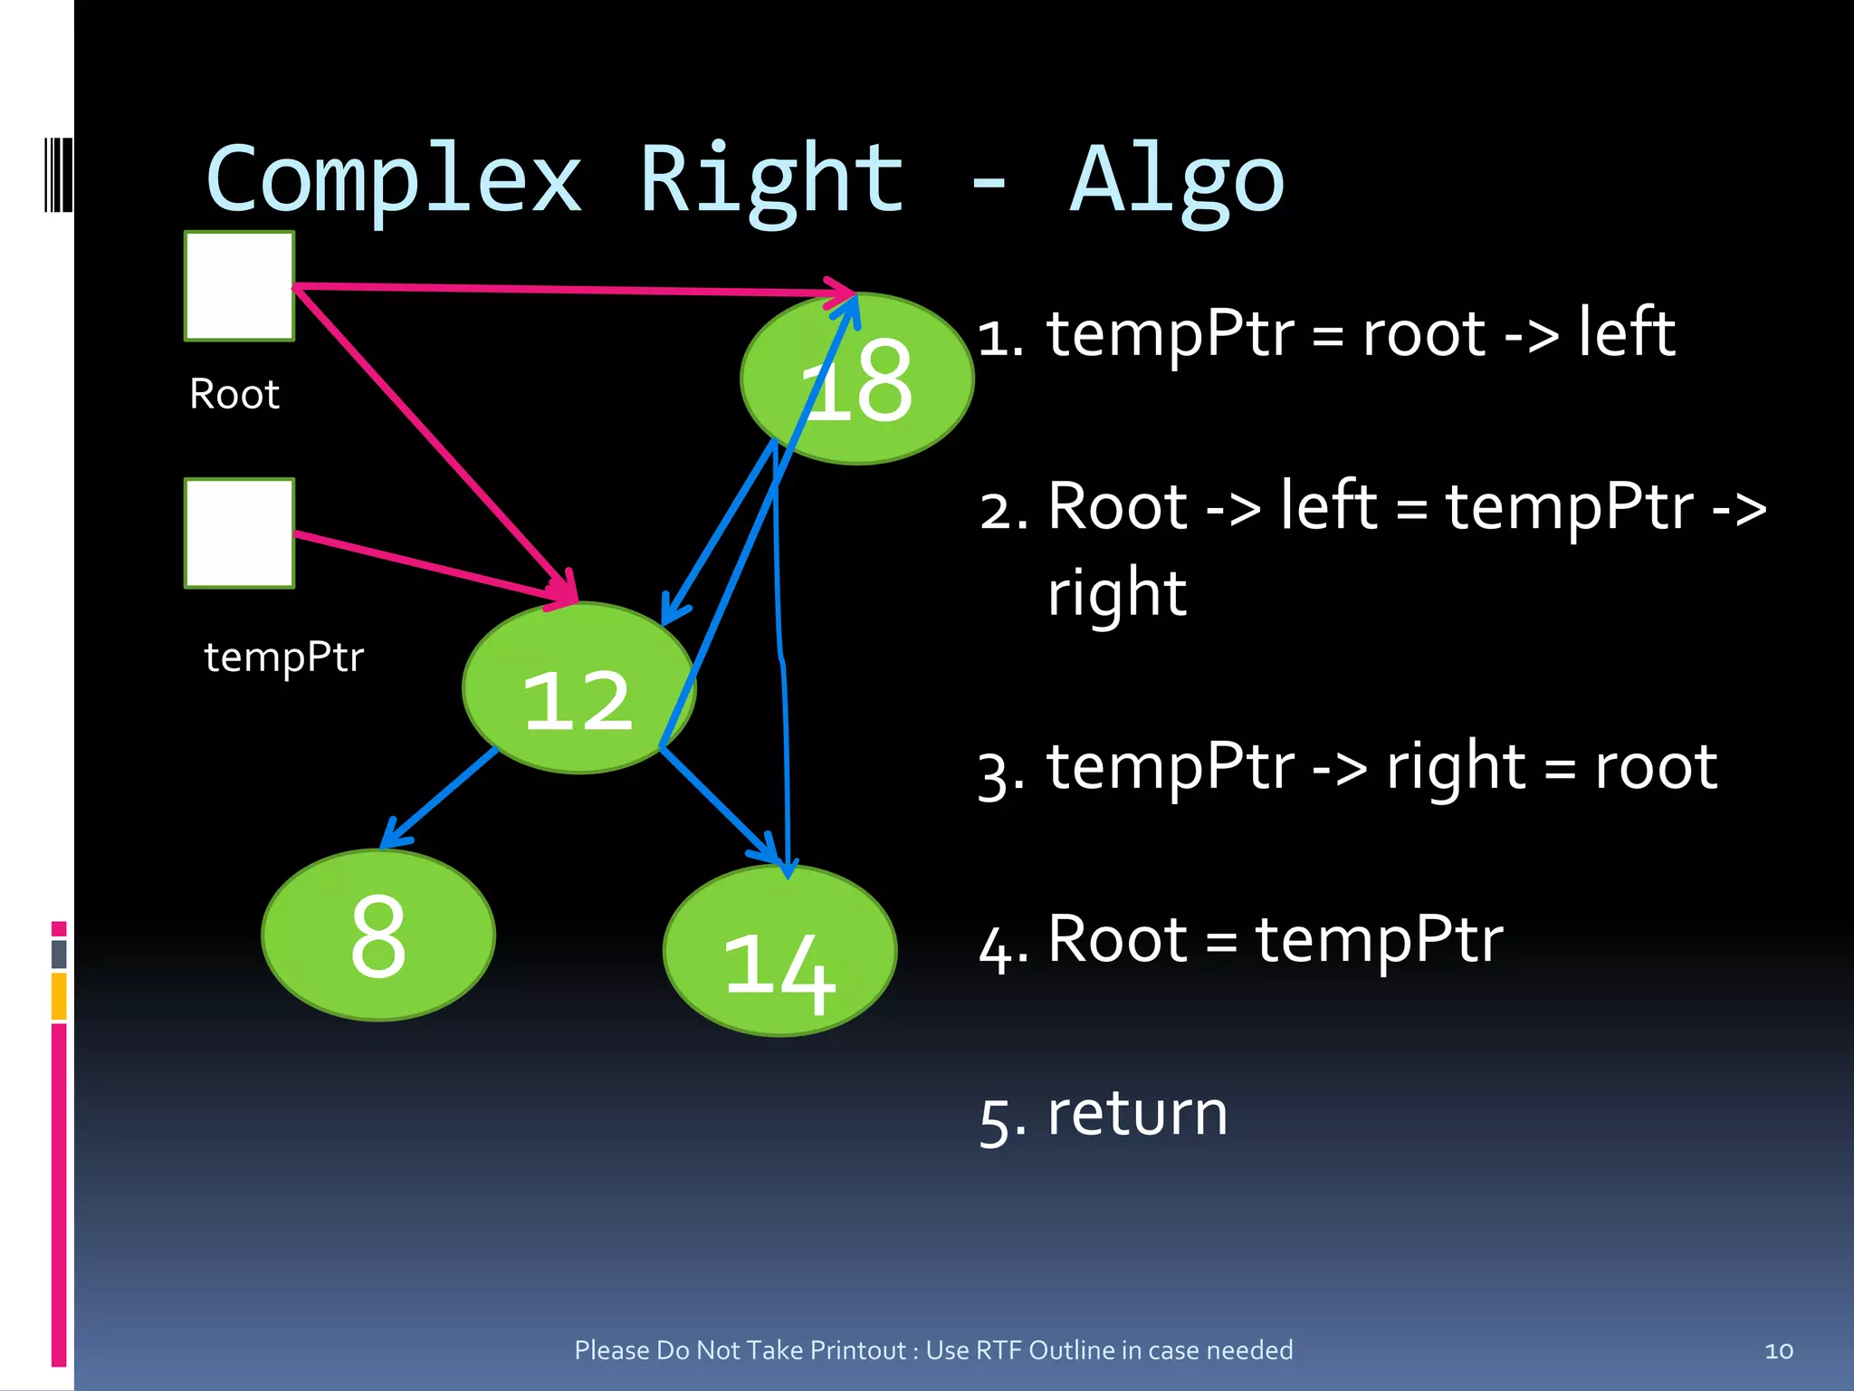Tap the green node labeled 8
click(378, 935)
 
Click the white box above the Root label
click(240, 286)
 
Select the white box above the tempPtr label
click(240, 533)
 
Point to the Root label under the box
click(234, 395)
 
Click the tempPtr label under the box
click(283, 657)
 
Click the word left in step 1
click(1627, 332)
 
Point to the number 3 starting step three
click(999, 774)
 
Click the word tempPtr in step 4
click(1379, 939)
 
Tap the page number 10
click(1778, 1351)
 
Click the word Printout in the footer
click(857, 1350)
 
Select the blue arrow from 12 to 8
click(441, 797)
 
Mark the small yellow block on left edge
click(59, 996)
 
